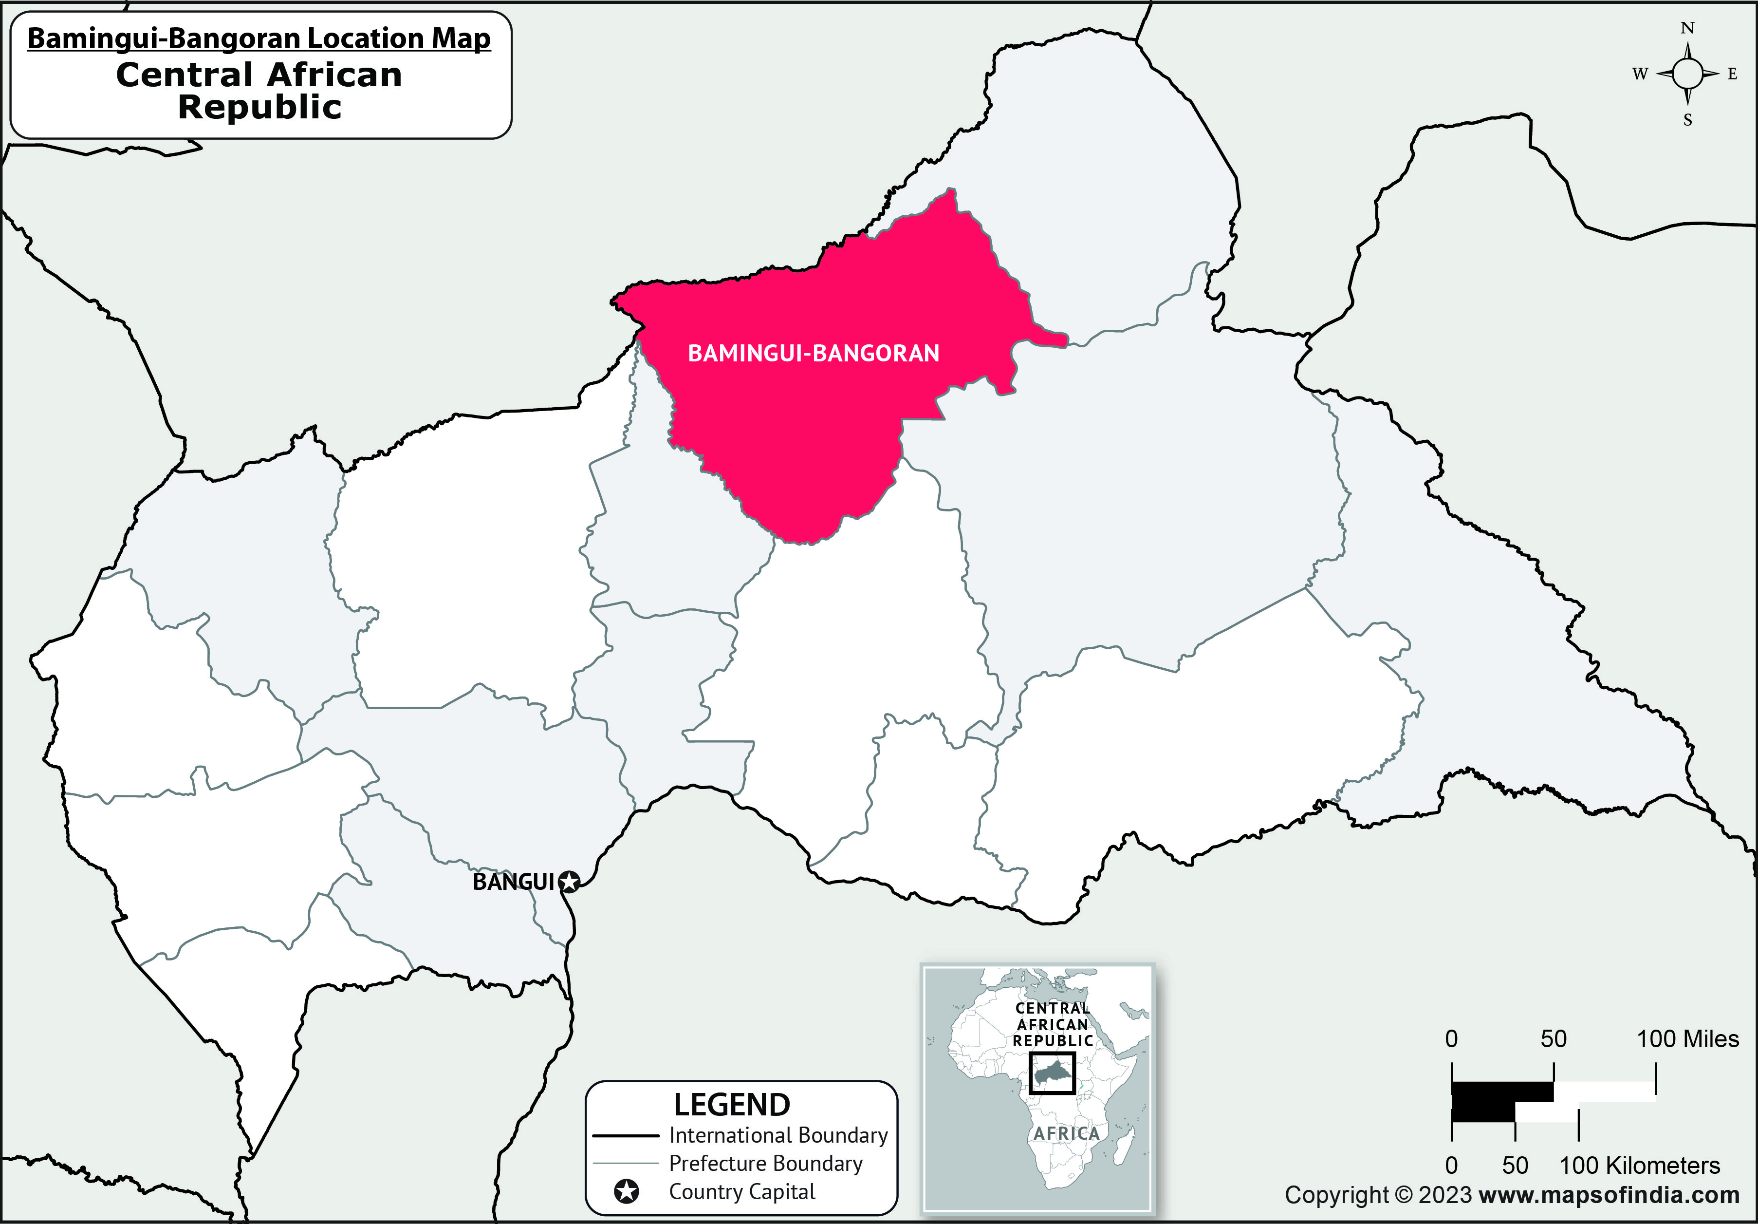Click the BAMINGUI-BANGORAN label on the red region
point(813,353)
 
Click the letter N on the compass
point(1687,28)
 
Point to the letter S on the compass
point(1687,120)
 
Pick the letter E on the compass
point(1733,75)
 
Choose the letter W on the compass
point(1639,75)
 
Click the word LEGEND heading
point(731,1105)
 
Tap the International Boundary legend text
point(778,1135)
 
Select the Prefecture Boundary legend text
point(766,1164)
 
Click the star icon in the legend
point(626,1192)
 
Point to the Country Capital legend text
point(742,1192)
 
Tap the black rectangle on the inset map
point(1052,1073)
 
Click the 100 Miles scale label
point(1687,1039)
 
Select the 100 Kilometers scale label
point(1639,1166)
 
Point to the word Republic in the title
point(259,107)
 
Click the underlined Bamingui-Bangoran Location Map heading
point(259,38)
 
